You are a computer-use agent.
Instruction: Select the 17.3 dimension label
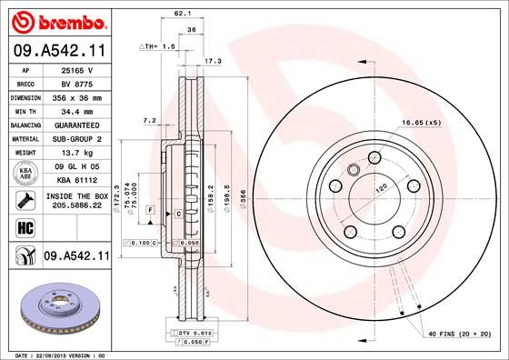pos(213,62)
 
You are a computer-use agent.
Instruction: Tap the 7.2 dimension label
pos(150,120)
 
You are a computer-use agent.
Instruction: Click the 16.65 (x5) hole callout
pos(421,123)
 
